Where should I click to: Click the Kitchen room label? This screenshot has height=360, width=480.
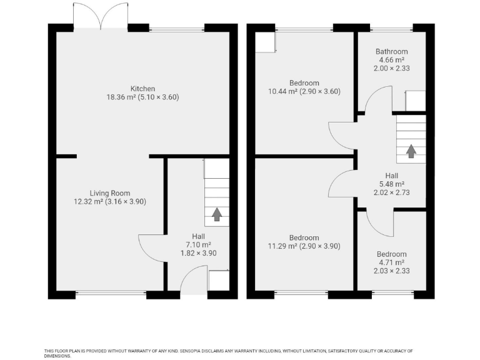(x=142, y=89)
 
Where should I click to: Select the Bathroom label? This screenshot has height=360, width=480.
(x=391, y=52)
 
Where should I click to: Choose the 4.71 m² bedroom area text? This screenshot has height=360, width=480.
(x=391, y=263)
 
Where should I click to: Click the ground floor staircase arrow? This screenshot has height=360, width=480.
(x=217, y=214)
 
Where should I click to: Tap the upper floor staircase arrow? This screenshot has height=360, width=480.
(x=411, y=151)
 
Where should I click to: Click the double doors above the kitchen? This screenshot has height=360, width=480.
(x=101, y=16)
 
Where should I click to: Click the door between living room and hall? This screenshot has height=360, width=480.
(x=152, y=249)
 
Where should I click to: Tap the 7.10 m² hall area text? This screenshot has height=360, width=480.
(x=198, y=245)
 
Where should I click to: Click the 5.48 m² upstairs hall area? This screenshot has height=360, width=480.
(x=391, y=184)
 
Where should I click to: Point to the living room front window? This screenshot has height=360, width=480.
(x=111, y=293)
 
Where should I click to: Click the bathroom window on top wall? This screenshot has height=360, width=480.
(x=391, y=28)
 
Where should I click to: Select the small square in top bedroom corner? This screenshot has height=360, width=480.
(x=266, y=41)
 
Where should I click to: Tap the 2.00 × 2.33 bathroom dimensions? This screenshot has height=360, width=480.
(x=391, y=68)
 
